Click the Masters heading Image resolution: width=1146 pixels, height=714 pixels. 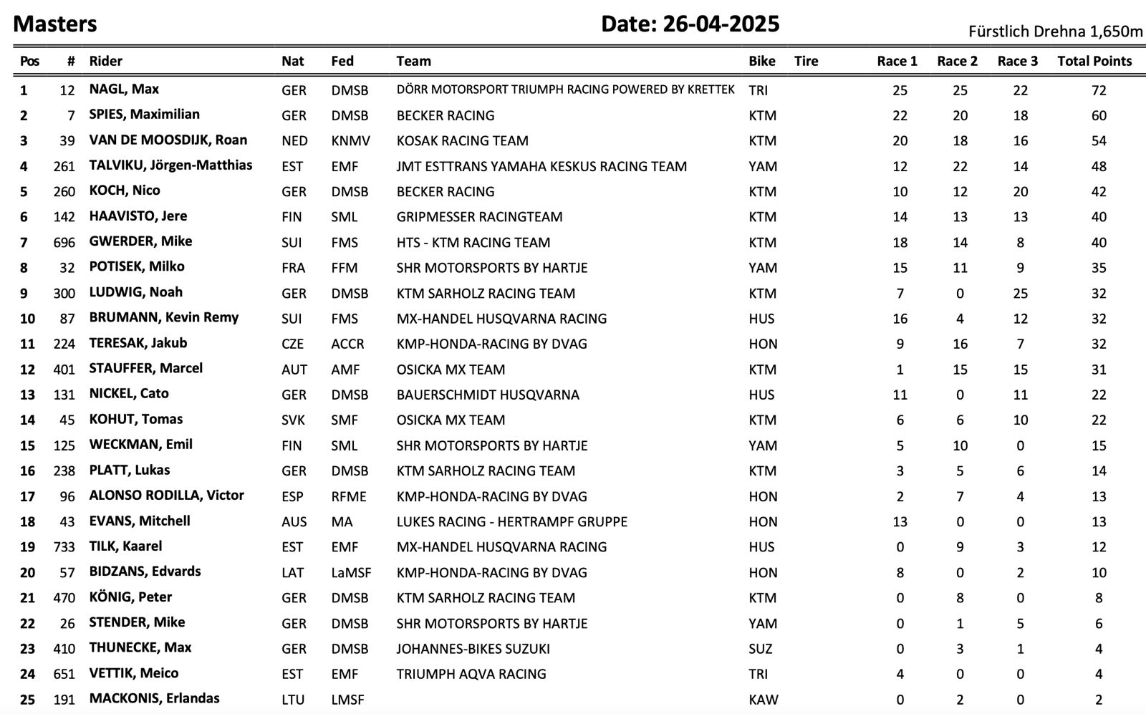tap(55, 24)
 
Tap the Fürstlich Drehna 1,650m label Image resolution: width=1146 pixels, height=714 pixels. tap(1055, 32)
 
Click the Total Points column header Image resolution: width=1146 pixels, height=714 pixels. tap(1094, 62)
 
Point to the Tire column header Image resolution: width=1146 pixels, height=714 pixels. tap(806, 62)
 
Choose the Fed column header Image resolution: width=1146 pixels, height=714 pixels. tap(342, 62)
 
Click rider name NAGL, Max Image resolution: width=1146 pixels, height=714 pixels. tap(124, 90)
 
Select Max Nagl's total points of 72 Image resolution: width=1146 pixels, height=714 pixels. tap(1099, 91)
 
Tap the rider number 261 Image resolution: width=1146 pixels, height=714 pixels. tap(64, 167)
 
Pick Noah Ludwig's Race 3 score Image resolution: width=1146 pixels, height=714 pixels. tap(1020, 294)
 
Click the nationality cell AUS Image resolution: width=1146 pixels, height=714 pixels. tap(294, 522)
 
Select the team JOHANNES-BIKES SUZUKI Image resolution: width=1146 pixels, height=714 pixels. tap(473, 649)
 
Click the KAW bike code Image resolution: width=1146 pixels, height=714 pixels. tap(763, 700)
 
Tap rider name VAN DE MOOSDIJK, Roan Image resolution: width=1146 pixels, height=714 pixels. tap(168, 140)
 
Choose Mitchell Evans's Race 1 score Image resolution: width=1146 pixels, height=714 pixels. tap(900, 522)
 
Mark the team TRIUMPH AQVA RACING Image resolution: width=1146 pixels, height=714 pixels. tap(471, 675)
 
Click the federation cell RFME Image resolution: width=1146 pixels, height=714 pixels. tap(349, 497)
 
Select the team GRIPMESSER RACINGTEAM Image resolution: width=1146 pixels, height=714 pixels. tap(479, 217)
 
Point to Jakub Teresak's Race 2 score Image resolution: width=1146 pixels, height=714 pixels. tap(960, 344)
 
